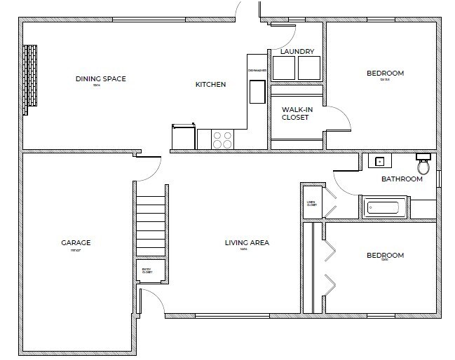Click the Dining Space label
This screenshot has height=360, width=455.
(x=100, y=79)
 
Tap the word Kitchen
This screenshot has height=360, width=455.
(x=210, y=85)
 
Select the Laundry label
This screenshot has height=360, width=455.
(x=297, y=51)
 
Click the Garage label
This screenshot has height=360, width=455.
(x=76, y=243)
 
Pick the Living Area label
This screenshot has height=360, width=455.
(x=247, y=243)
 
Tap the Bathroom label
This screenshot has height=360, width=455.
(x=402, y=179)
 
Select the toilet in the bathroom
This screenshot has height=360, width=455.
(x=423, y=165)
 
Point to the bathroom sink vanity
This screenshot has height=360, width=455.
(x=379, y=161)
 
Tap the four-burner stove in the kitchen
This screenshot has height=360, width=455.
(x=222, y=139)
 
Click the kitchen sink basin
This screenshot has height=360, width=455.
(x=257, y=92)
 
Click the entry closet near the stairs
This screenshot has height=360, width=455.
(x=149, y=270)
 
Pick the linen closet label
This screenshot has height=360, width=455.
(x=311, y=204)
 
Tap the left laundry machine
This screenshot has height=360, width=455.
(x=283, y=68)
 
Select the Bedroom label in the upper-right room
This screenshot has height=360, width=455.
(x=385, y=74)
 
